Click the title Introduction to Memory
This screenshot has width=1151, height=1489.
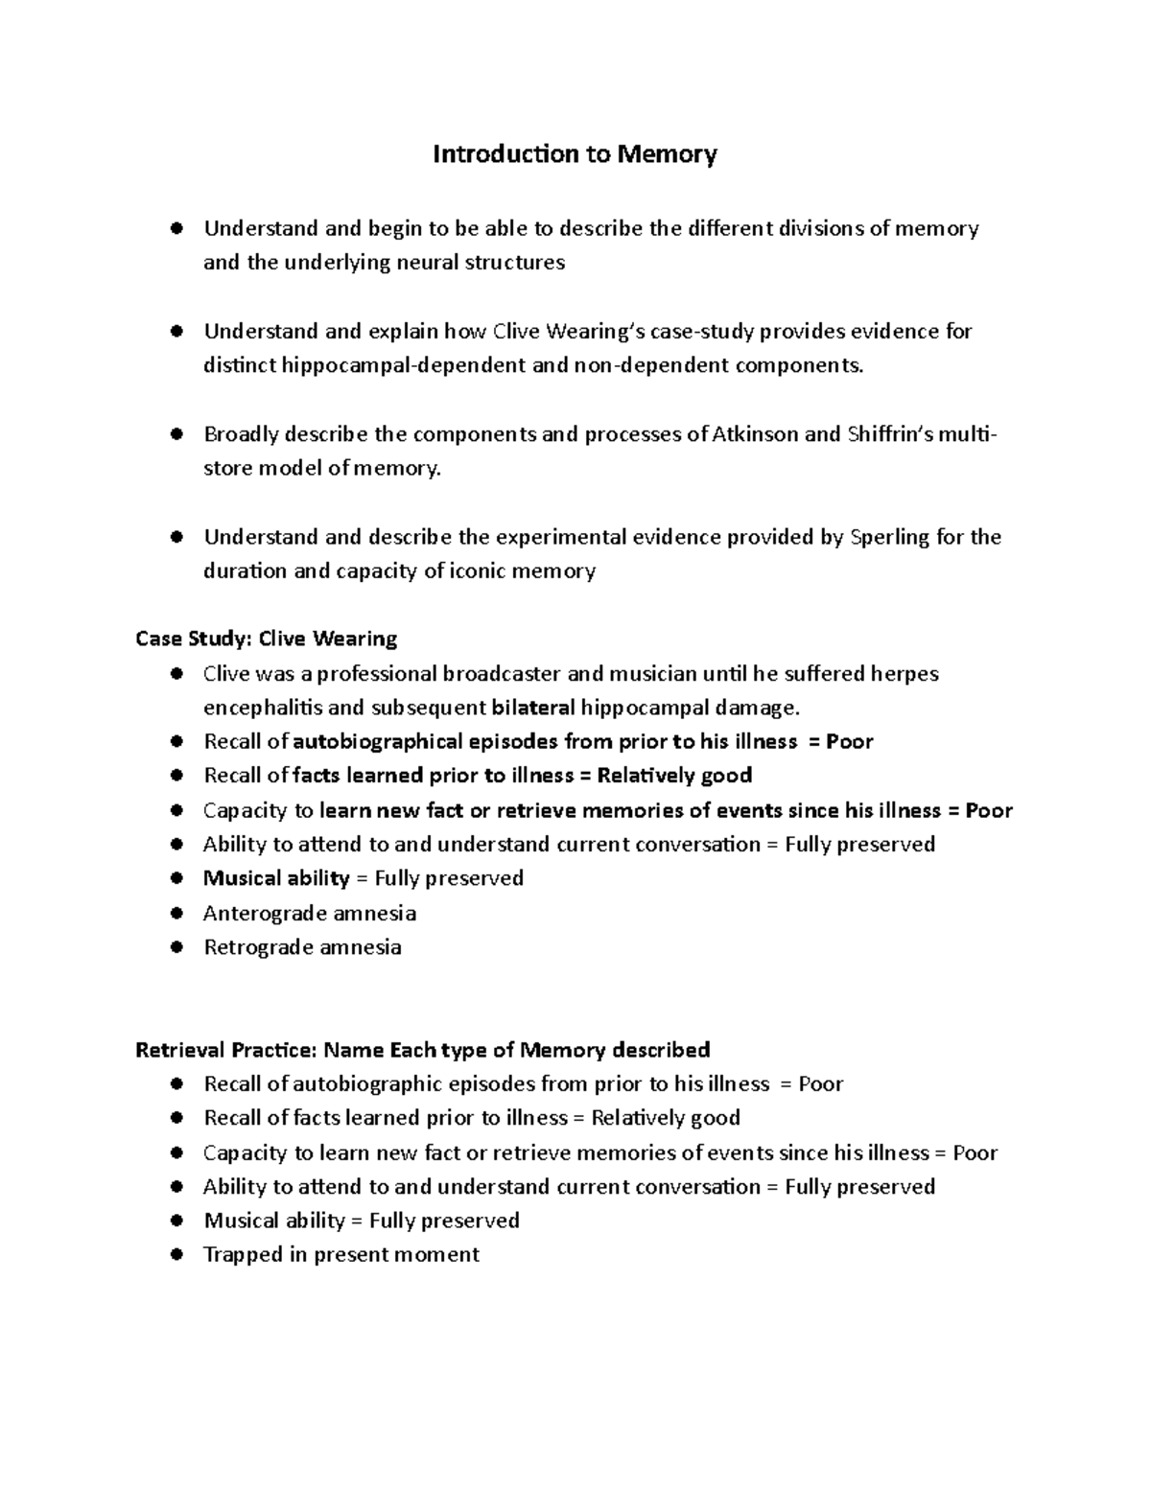(575, 154)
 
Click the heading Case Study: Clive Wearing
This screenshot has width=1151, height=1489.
(267, 639)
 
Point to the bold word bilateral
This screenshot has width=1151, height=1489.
(533, 708)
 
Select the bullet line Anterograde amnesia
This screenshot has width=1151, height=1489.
(309, 913)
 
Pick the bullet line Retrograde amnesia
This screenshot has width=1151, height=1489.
(302, 947)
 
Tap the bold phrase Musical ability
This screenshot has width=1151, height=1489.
(276, 878)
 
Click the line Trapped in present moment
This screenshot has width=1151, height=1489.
(341, 1254)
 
